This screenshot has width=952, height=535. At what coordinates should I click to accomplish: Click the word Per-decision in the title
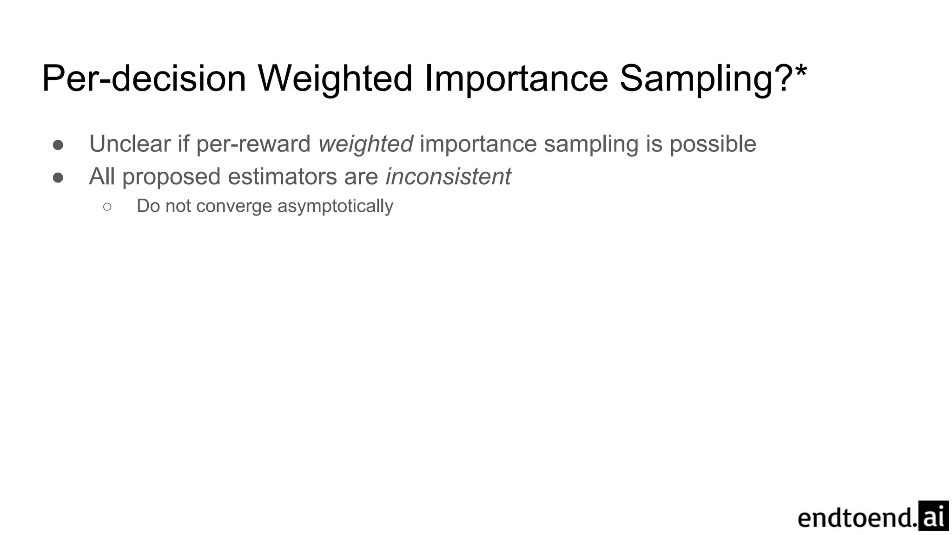tap(144, 79)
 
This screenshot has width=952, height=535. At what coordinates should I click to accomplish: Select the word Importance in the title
tap(516, 79)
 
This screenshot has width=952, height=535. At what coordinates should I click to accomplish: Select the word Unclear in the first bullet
tap(130, 144)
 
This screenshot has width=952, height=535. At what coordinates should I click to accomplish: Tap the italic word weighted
tap(365, 144)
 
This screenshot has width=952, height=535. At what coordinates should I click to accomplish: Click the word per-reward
tap(253, 144)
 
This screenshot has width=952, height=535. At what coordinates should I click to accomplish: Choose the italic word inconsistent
tap(448, 176)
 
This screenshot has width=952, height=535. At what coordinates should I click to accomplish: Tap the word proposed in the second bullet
tap(171, 177)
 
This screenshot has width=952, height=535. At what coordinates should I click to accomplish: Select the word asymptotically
tap(335, 206)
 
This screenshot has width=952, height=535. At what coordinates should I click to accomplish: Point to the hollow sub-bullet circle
tap(107, 207)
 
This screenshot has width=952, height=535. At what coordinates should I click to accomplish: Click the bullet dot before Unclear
tap(58, 145)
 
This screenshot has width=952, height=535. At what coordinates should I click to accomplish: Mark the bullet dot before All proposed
tap(58, 177)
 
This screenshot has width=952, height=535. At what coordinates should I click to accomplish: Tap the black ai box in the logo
tap(933, 515)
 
